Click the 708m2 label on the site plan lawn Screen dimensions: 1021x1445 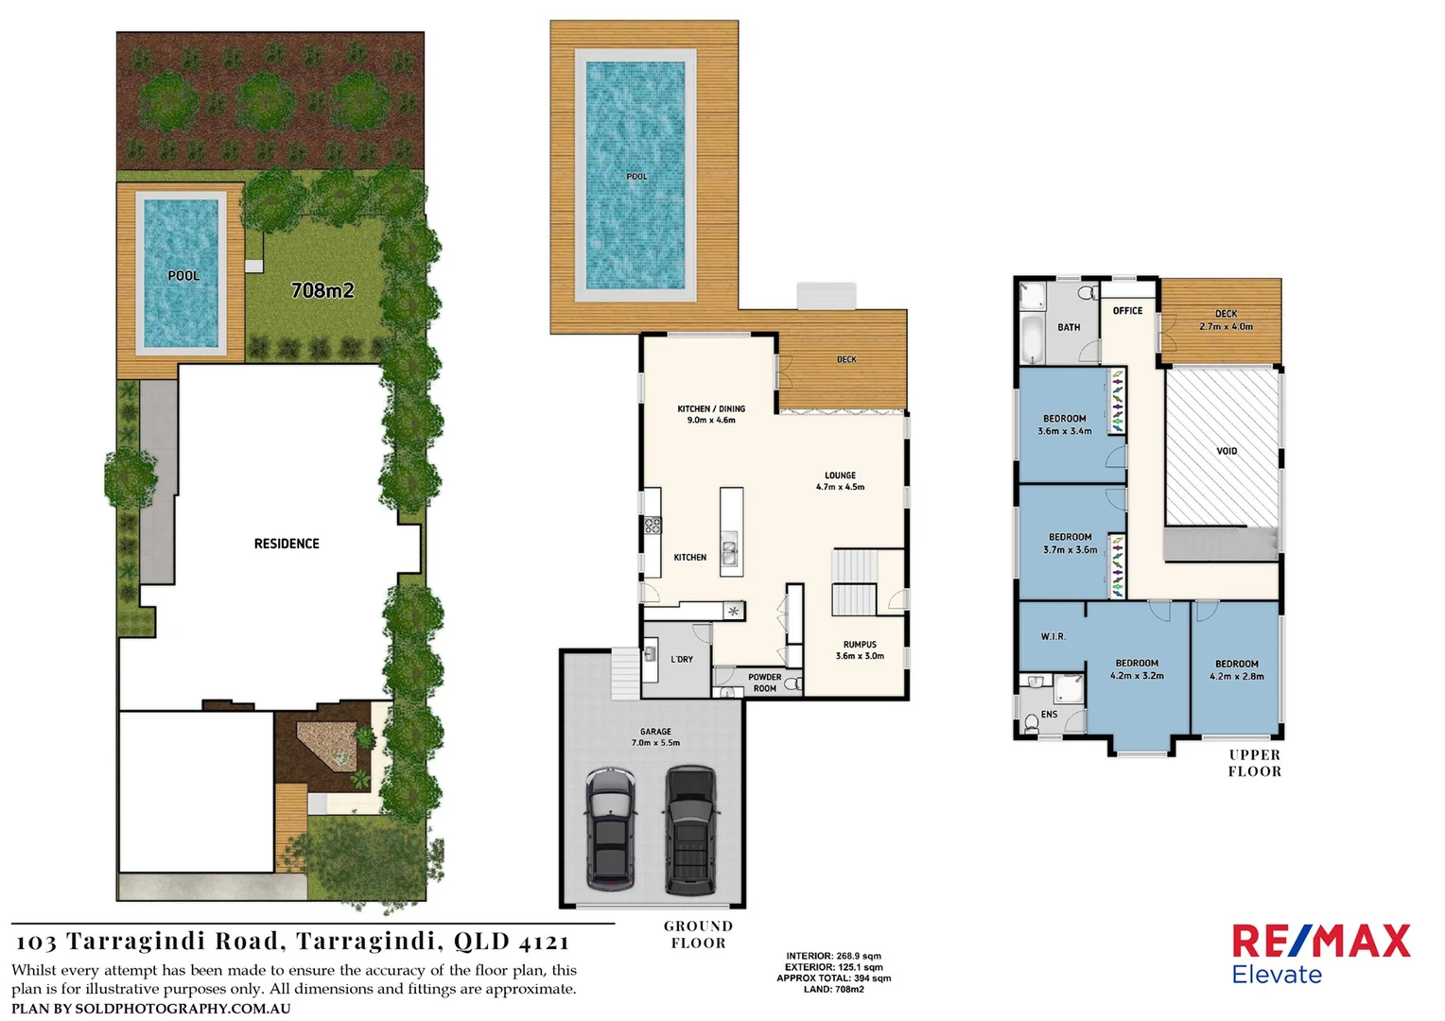coord(322,290)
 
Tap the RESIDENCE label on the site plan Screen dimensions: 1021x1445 coord(287,544)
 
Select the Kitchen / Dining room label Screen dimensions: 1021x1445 coord(711,414)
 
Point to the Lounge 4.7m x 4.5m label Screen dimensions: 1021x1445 coord(840,481)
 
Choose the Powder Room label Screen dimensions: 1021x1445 coord(765,683)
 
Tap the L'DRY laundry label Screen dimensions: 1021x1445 coord(682,659)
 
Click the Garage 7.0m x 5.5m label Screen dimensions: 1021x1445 coord(655,737)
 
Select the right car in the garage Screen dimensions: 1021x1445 coord(690,830)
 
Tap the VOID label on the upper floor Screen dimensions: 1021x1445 coord(1227,451)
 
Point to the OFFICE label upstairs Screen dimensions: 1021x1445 coord(1127,310)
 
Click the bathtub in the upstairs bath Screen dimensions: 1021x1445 coord(1031,339)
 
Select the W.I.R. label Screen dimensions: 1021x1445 coord(1053,636)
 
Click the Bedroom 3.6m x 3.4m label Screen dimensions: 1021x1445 coord(1065,424)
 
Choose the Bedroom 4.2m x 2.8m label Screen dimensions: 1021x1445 coord(1237,670)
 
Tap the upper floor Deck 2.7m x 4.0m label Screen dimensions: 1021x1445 coord(1226,320)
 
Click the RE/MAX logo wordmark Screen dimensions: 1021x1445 coord(1320,942)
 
